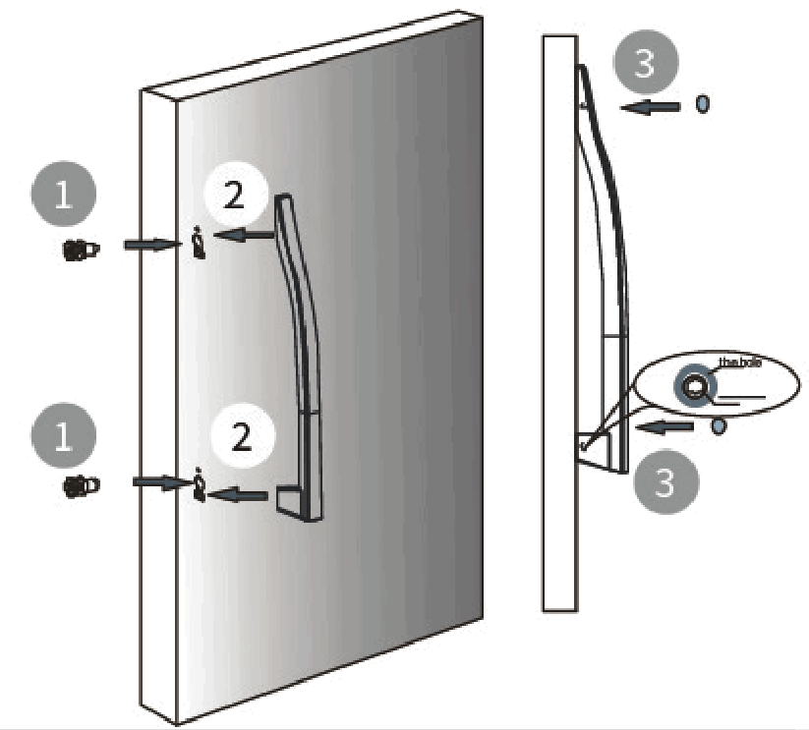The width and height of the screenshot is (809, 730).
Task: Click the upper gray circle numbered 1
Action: (64, 195)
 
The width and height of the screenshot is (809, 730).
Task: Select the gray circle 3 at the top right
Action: (644, 61)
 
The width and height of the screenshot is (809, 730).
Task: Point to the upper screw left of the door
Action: (80, 250)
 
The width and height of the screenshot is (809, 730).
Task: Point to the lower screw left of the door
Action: (80, 484)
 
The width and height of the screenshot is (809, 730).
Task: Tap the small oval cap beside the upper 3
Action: (702, 104)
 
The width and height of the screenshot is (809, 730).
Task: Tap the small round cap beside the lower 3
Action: (718, 426)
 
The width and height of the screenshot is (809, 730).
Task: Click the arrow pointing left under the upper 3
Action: (650, 105)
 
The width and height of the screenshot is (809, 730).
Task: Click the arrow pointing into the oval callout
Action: (667, 426)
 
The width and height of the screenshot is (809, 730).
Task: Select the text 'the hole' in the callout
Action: (739, 363)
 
